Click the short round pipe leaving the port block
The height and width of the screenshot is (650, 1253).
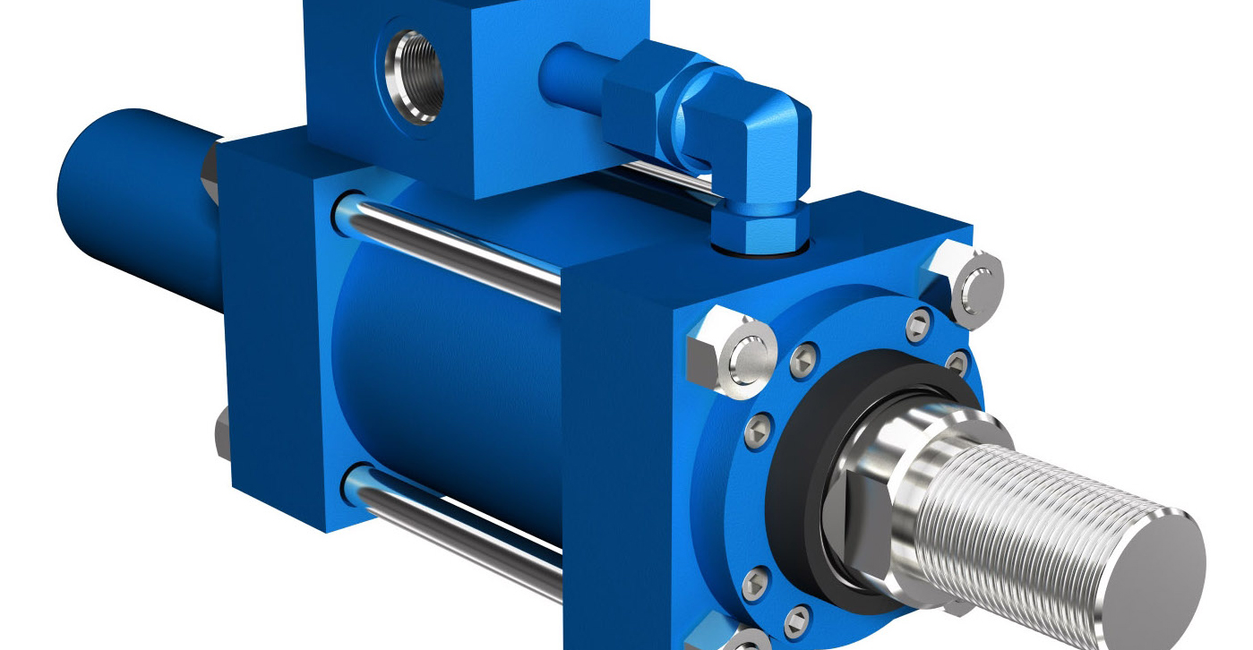573,67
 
